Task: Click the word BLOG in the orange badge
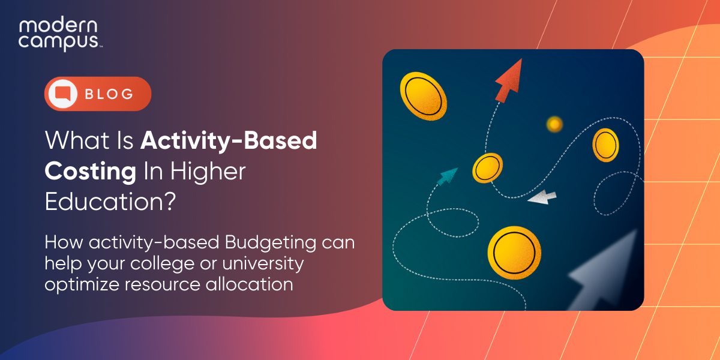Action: pos(109,94)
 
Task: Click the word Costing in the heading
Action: pos(91,172)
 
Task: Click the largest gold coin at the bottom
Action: pos(514,253)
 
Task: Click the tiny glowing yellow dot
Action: pos(554,124)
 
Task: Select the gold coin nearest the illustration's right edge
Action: pos(605,146)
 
